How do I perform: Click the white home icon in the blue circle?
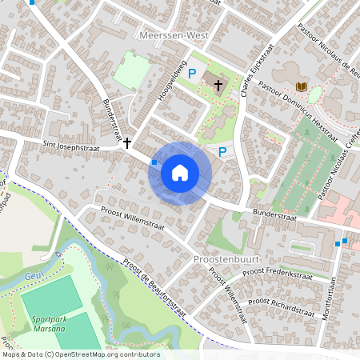point(180,173)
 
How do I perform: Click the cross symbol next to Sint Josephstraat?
point(126,143)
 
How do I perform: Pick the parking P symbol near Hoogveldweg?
point(191,74)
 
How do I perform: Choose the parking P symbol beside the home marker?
point(222,150)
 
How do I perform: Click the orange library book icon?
point(302,86)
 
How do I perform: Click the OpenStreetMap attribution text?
point(80,354)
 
